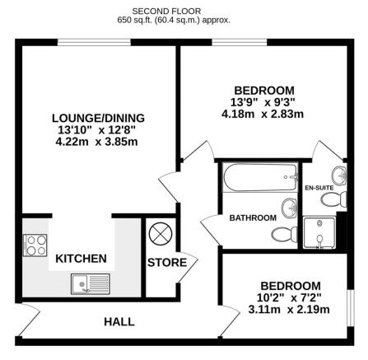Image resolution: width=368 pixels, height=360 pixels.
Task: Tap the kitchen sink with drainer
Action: point(90,285)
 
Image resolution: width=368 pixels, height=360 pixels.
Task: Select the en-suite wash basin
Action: point(340,174)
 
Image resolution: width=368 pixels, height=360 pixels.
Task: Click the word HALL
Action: point(119,321)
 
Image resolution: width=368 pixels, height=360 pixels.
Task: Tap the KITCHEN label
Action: point(81,259)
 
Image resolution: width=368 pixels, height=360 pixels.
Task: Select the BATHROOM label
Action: point(253,217)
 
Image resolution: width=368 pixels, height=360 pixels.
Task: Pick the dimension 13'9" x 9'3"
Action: point(263,102)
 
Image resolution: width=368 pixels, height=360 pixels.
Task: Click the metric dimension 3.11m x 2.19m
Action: point(287,310)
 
